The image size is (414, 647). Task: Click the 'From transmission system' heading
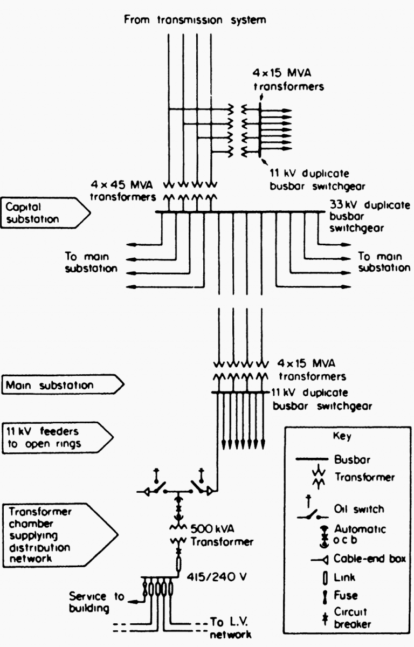(x=195, y=19)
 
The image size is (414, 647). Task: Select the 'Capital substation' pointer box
(x=46, y=213)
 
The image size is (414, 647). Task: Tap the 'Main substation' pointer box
(x=63, y=384)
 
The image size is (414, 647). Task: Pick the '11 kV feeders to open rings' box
(x=58, y=437)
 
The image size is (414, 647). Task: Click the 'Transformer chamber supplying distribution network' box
(x=60, y=535)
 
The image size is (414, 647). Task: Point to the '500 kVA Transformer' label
(x=222, y=535)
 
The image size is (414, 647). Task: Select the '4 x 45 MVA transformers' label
(x=123, y=191)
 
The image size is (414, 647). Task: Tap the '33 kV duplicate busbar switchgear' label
(x=370, y=216)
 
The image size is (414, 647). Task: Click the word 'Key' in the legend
(x=342, y=436)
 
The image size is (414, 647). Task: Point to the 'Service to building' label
(x=96, y=602)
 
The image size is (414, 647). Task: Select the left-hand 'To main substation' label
(x=91, y=262)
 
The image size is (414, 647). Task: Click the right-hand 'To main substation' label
(x=384, y=261)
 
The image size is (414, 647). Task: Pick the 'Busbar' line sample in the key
(x=312, y=459)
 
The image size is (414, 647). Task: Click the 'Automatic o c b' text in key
(x=360, y=534)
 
